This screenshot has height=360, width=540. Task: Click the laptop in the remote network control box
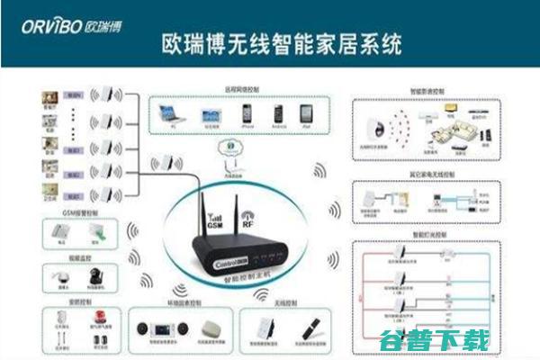[168, 114]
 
